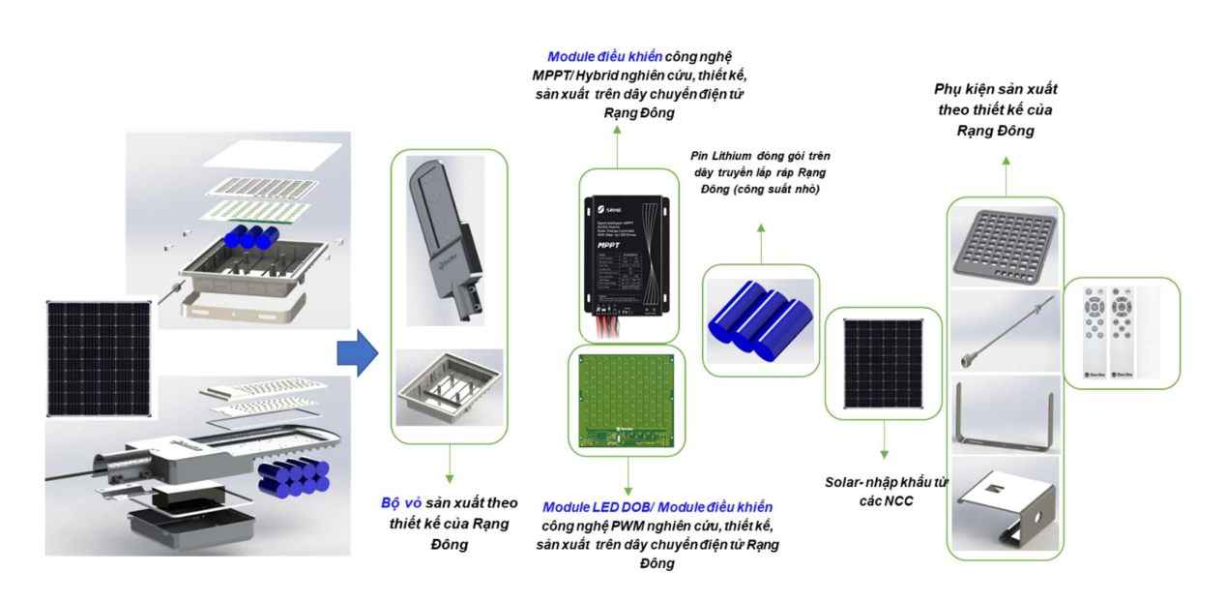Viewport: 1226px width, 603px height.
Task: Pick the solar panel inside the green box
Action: point(883,363)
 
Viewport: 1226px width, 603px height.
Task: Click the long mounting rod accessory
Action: point(1005,332)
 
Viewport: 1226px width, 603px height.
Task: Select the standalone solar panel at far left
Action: point(99,359)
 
